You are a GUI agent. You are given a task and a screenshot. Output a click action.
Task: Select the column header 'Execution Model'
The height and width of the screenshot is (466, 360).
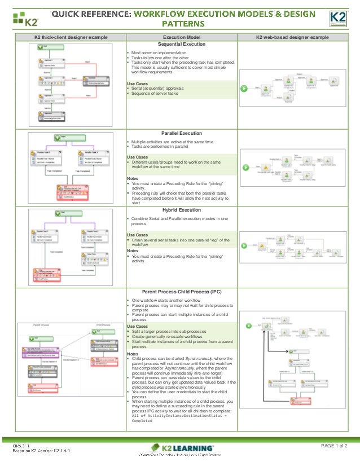(x=180, y=37)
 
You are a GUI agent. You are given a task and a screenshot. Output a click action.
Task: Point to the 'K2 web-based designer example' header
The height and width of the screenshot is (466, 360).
(x=292, y=37)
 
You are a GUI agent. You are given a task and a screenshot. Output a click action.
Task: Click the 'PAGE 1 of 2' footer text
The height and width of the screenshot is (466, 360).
(x=334, y=446)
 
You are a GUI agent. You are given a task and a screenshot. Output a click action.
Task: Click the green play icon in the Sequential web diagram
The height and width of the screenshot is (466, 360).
(x=244, y=88)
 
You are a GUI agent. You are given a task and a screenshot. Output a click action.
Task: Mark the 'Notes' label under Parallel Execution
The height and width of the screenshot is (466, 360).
(x=133, y=179)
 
